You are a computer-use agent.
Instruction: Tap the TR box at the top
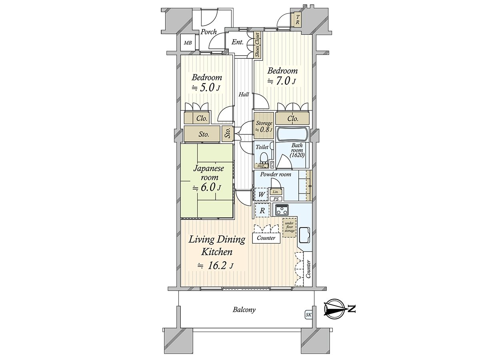click(x=297, y=20)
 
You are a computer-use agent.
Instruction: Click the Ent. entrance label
click(x=238, y=42)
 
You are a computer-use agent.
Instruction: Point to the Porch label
click(x=208, y=32)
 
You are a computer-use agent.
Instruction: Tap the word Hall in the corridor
click(x=244, y=95)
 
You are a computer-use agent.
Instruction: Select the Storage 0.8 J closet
click(x=264, y=126)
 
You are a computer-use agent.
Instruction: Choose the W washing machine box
click(x=262, y=194)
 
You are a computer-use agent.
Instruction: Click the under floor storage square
click(x=289, y=228)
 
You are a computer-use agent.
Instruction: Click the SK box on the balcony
click(x=308, y=315)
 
